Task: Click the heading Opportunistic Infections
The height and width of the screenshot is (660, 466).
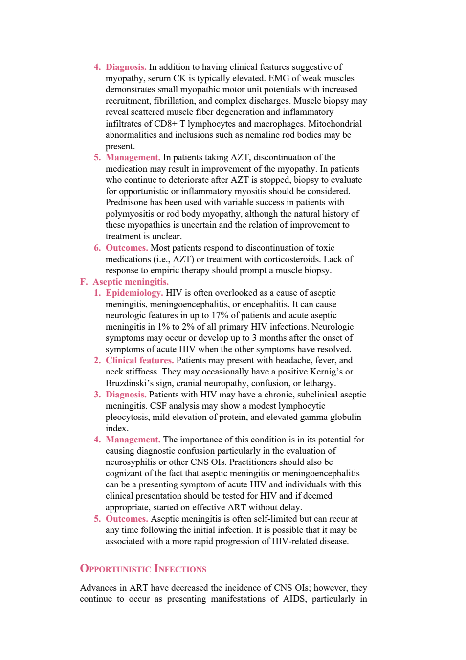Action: (143, 569)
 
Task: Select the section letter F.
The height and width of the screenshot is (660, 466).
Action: (84, 282)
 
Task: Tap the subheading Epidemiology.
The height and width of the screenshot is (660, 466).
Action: (134, 293)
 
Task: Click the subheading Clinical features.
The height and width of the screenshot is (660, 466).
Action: (140, 360)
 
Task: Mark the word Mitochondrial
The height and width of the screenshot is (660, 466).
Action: (335, 124)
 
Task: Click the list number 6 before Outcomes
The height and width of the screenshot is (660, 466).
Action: (97, 248)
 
